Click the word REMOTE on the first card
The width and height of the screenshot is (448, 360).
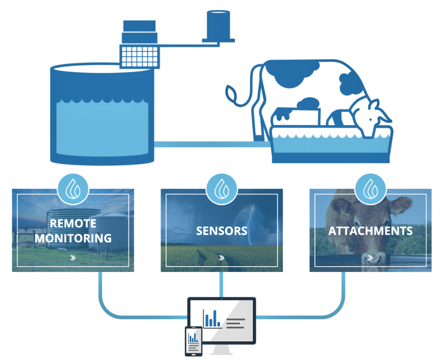73,223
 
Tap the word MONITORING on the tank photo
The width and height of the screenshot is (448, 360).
73,238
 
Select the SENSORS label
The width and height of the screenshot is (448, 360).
221,231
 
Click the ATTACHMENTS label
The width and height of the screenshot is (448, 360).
370,231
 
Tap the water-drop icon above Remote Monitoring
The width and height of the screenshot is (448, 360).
73,190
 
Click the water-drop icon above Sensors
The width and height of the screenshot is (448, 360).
221,190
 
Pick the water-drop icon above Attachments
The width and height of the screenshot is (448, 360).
370,190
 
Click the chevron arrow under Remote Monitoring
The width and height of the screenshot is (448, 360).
73,257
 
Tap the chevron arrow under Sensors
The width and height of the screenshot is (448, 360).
221,257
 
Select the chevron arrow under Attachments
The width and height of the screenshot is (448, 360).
370,257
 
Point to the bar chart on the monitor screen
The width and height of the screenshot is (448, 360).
212,318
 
